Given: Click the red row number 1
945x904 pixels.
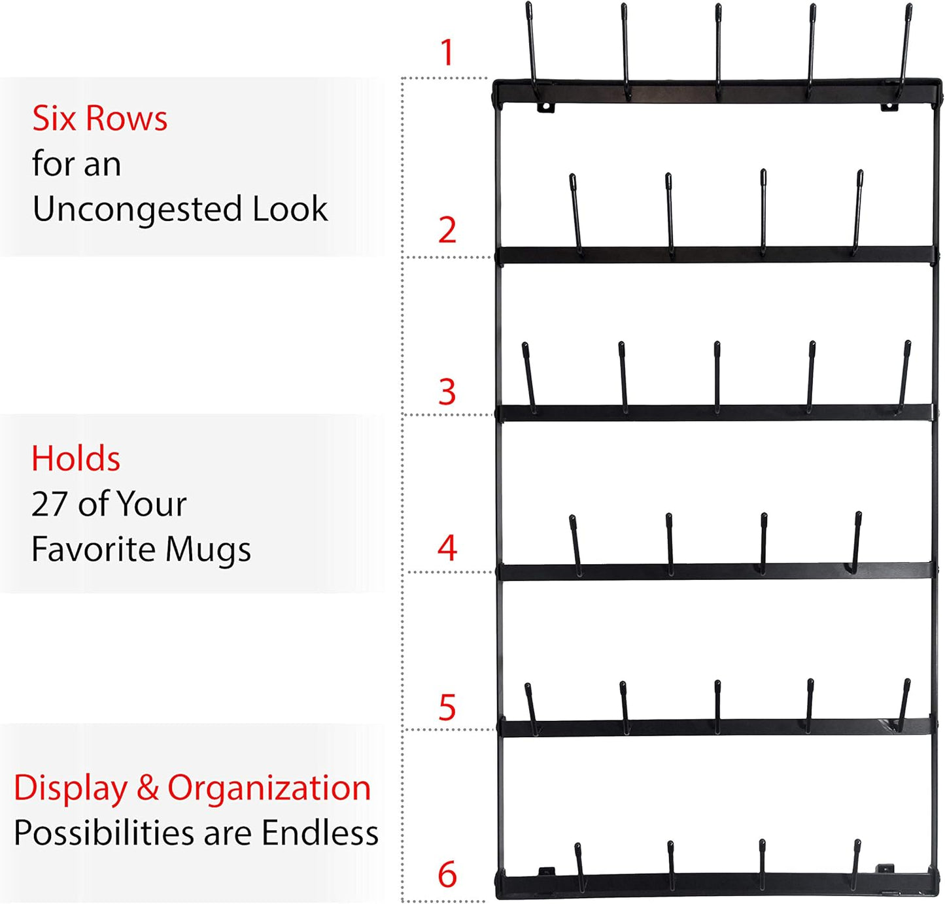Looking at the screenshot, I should (447, 52).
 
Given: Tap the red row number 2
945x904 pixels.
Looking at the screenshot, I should (447, 230).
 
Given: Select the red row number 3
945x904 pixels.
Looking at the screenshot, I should (447, 392).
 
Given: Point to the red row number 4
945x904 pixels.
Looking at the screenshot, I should (447, 548).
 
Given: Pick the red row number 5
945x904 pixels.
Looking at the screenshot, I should (447, 708).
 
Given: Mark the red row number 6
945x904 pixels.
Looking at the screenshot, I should (447, 875).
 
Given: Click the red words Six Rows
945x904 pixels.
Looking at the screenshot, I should (100, 119).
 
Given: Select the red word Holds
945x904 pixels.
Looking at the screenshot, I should (76, 459).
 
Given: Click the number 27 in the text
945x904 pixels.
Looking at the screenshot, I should (50, 505).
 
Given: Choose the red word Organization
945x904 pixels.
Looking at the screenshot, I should (269, 788).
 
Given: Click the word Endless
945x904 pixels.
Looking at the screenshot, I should (320, 833).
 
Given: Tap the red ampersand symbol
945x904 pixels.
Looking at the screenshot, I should (148, 788).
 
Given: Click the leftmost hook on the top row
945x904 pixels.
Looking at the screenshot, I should (532, 46).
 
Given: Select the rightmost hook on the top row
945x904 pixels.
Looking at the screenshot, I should (906, 46).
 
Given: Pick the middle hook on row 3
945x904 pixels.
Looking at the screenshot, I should (717, 376).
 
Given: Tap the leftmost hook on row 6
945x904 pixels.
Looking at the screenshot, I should (579, 866).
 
